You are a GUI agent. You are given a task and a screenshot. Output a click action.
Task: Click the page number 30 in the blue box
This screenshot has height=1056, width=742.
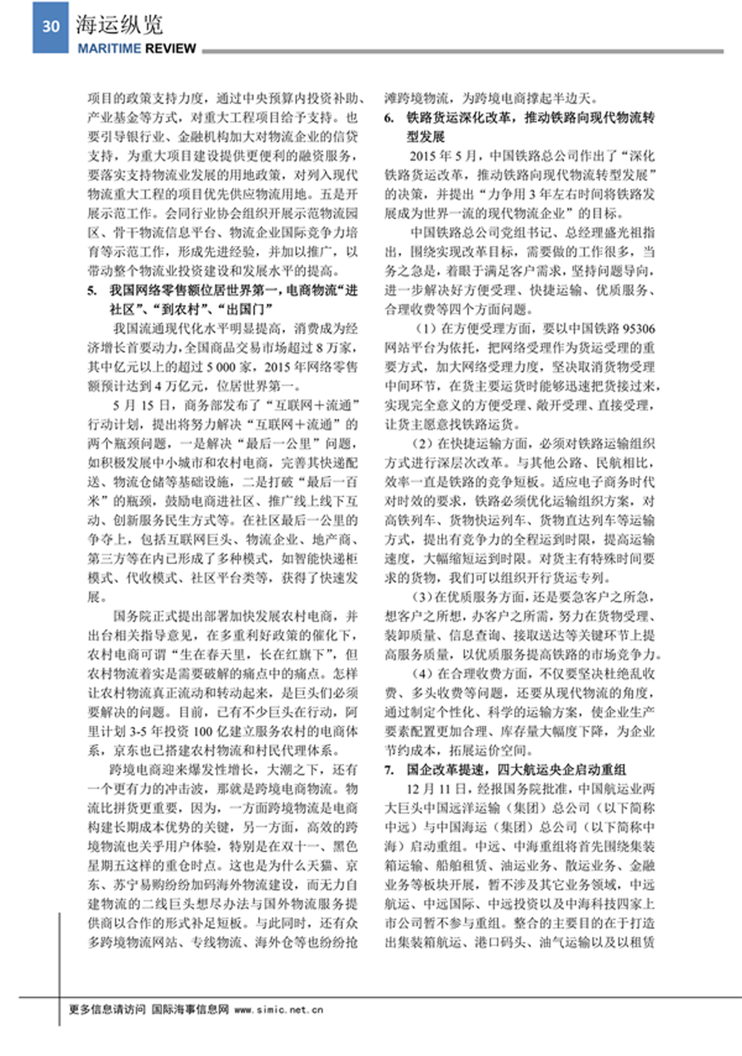pos(51,27)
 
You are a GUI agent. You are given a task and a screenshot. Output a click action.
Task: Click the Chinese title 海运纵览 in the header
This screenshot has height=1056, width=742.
pos(119,24)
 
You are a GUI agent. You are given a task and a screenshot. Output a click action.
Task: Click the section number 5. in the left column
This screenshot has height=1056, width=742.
pos(92,291)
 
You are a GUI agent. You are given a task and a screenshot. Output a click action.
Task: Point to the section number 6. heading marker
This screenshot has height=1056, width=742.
pos(389,118)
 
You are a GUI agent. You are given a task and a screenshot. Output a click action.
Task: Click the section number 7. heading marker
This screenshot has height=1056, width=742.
pos(389,770)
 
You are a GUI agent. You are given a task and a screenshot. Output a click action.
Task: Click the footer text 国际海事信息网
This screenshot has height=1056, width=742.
pos(190,1010)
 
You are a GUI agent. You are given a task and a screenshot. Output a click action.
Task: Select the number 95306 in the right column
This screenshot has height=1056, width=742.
pos(639,328)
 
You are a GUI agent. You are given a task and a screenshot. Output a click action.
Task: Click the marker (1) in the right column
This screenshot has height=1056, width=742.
pos(424,328)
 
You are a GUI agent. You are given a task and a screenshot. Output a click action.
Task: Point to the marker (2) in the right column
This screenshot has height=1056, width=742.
pos(424,444)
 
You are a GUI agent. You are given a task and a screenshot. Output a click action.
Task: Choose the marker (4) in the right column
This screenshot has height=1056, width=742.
pos(424,674)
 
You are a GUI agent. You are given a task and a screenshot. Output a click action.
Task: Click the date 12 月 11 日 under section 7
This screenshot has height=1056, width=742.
pos(436,789)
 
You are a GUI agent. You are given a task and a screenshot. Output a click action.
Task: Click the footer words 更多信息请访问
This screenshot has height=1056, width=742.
pos(106,1010)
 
